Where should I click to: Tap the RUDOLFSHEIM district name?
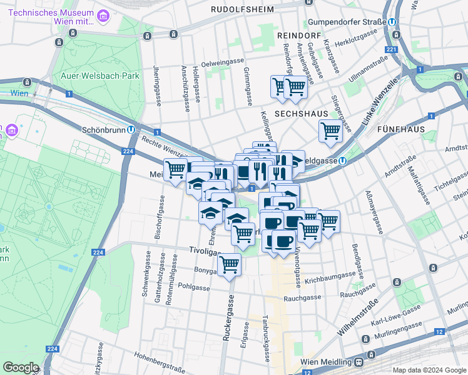click(x=241, y=9)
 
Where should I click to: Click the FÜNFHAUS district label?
click(x=401, y=129)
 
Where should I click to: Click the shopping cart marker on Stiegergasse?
click(x=330, y=131)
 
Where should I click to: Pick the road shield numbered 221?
click(x=392, y=49)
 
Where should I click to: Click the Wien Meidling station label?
click(x=326, y=362)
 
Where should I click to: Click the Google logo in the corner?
click(x=21, y=367)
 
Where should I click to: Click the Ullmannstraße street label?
click(x=369, y=71)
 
